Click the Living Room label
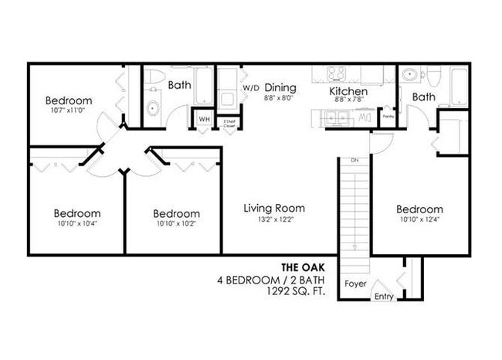pos(273,208)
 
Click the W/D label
pos(251,89)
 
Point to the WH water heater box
pos(204,120)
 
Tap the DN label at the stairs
pos(354,160)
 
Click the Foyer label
pos(354,284)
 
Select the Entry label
pos(384,297)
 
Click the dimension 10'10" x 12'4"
pos(419,219)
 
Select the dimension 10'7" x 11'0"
pos(68,110)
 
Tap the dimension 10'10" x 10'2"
pos(176,224)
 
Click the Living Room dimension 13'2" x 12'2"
pos(273,219)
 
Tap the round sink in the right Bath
pos(410,76)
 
